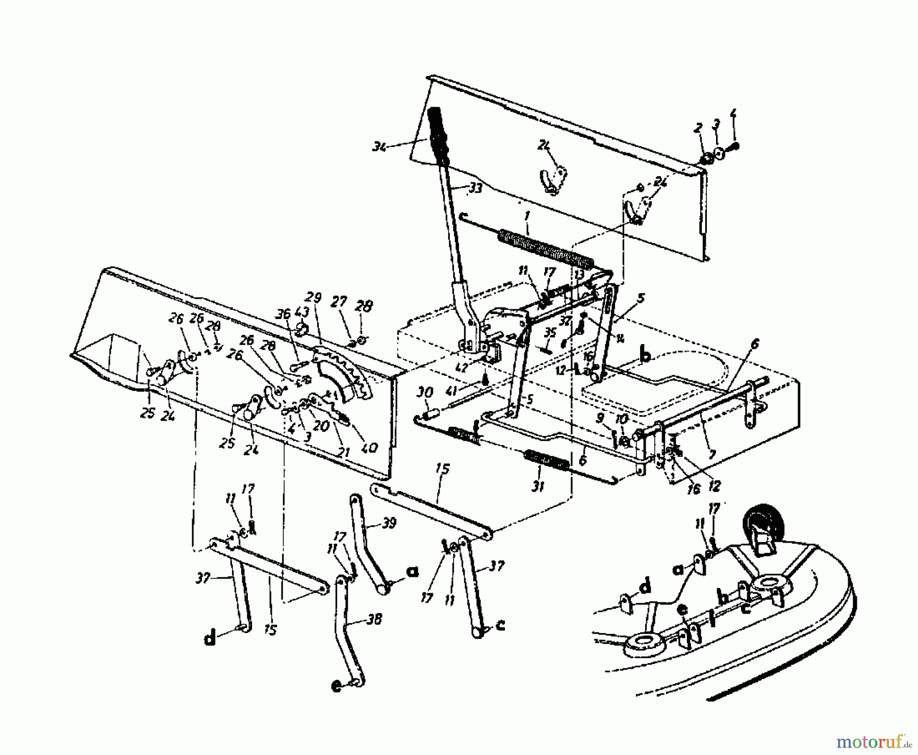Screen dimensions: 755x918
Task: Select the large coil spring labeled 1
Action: point(546,248)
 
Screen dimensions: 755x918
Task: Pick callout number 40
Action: point(368,447)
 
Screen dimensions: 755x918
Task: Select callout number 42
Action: point(462,368)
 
